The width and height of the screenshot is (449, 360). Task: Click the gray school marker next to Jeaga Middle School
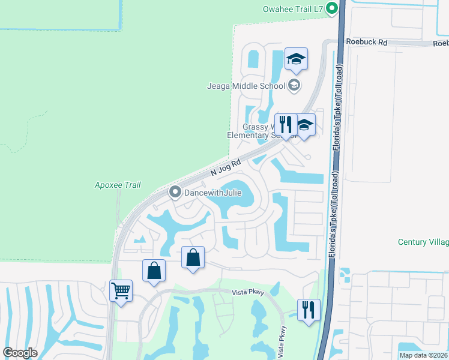[294, 85]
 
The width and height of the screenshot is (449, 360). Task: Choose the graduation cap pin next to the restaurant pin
[304, 126]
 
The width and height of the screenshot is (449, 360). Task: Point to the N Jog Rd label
[226, 167]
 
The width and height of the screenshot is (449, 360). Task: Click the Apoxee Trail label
[118, 185]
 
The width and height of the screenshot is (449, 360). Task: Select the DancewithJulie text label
[208, 192]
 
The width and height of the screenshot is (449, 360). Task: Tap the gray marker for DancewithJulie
[175, 192]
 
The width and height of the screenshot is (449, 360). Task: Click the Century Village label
[423, 242]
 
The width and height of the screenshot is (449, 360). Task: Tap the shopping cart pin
[121, 292]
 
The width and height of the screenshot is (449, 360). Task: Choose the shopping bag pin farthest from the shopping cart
[193, 258]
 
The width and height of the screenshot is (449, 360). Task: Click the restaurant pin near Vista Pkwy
[309, 311]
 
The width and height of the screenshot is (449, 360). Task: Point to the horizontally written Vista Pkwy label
[249, 292]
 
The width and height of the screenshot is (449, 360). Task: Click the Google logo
[20, 353]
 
